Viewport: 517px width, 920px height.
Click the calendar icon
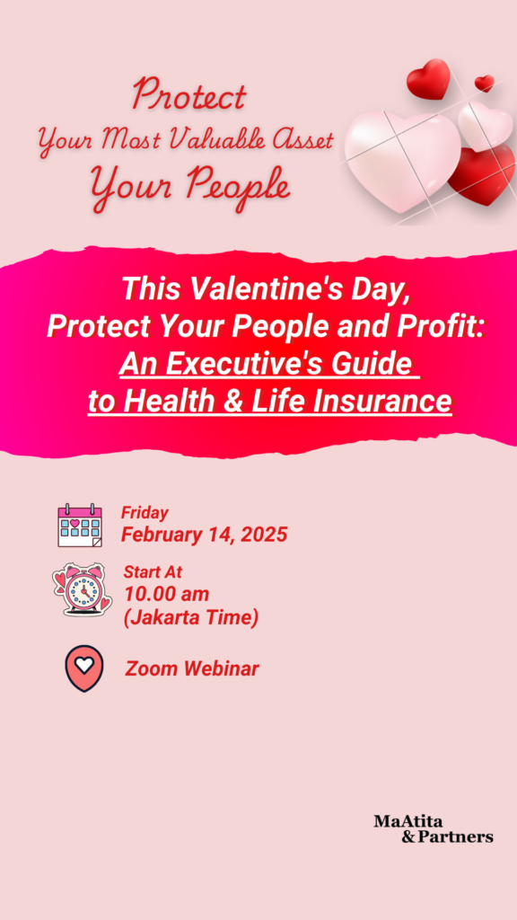(80, 525)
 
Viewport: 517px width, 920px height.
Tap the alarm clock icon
(82, 589)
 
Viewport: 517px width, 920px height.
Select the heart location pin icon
(84, 668)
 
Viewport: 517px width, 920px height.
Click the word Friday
(145, 513)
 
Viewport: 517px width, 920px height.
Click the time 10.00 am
(166, 594)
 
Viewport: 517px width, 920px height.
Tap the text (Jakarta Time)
(191, 617)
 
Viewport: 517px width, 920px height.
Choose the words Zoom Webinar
(192, 668)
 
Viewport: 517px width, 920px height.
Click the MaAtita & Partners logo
(434, 828)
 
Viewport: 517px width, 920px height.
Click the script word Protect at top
(188, 95)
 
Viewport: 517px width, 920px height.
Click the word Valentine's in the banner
(250, 288)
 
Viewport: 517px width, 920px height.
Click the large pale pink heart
(402, 158)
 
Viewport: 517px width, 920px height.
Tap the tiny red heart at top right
(484, 83)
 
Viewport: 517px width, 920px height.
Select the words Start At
(153, 571)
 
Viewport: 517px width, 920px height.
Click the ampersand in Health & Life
(236, 402)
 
